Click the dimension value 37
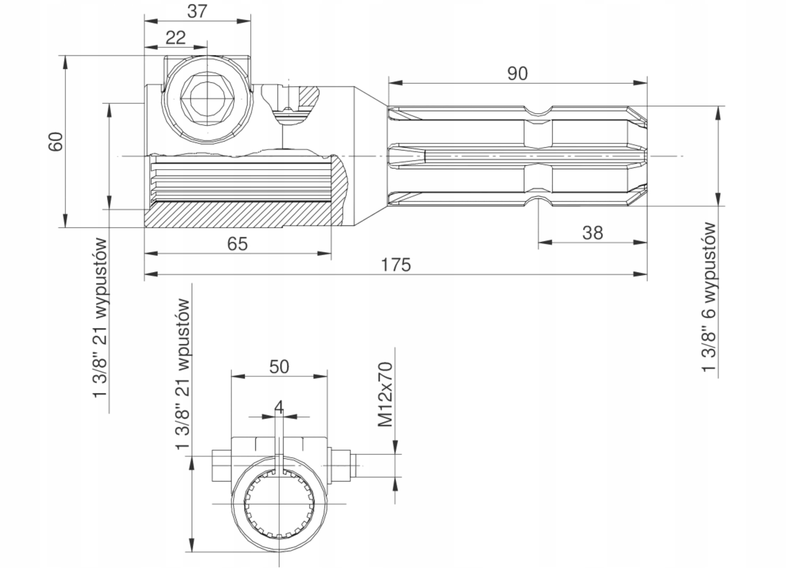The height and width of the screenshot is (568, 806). (197, 11)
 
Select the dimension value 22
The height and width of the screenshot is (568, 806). (175, 38)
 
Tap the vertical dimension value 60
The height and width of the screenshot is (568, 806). (55, 142)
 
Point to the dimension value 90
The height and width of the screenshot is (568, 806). (518, 74)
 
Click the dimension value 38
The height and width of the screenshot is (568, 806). (593, 233)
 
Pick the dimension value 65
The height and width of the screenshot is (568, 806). (237, 244)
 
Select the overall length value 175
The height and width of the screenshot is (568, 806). (396, 265)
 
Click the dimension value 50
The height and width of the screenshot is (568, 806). (279, 367)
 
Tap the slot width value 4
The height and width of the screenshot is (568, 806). (279, 407)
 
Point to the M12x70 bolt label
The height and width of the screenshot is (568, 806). (385, 395)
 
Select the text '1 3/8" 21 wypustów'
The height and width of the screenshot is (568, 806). (100, 317)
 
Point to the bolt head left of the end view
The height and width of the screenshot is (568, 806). (221, 466)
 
